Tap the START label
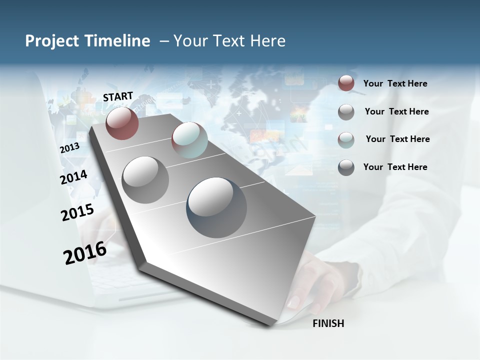[x=118, y=96]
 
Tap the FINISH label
[x=328, y=323]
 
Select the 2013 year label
[x=69, y=148]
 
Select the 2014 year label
[x=73, y=177]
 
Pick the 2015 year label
[x=77, y=213]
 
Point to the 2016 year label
[x=85, y=253]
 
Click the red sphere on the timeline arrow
[x=122, y=123]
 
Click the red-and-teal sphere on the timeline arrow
[x=189, y=140]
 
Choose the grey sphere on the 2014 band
[x=145, y=179]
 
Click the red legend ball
[x=346, y=83]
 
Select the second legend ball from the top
[x=346, y=112]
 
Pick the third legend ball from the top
[x=346, y=139]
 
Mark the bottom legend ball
[x=346, y=167]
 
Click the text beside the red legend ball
[x=395, y=83]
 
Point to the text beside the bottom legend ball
[x=395, y=167]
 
